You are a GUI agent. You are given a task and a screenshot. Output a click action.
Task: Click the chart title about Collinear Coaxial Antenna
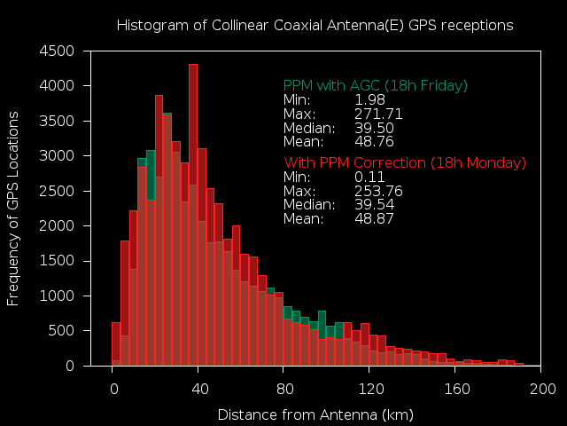315,26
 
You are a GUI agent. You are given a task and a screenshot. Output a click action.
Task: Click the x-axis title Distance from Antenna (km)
315,414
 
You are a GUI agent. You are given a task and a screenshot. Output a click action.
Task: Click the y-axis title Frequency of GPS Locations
13,209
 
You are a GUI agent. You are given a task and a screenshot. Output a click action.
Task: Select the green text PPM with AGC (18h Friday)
375,86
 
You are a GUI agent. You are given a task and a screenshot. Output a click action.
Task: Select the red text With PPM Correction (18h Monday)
404,163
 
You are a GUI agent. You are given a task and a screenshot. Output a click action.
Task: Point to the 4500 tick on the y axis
61,51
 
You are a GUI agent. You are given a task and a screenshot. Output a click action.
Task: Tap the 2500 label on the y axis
61,191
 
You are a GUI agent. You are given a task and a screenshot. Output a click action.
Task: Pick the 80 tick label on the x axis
284,389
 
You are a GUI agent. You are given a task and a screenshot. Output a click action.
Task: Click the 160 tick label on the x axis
456,389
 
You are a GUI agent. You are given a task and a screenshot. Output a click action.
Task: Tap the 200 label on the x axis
542,389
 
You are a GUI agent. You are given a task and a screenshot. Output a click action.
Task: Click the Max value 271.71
378,114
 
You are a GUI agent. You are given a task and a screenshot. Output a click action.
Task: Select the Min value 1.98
369,100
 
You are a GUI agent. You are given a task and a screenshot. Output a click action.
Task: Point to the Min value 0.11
369,177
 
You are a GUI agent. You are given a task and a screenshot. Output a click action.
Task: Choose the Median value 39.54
374,205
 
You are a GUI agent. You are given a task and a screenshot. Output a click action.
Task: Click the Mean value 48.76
374,141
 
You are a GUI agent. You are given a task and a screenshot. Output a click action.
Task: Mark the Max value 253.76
378,191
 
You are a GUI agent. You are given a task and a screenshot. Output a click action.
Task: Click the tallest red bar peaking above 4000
193,213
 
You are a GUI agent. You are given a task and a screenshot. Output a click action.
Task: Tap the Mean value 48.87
374,218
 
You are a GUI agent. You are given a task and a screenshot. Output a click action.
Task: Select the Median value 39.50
374,128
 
